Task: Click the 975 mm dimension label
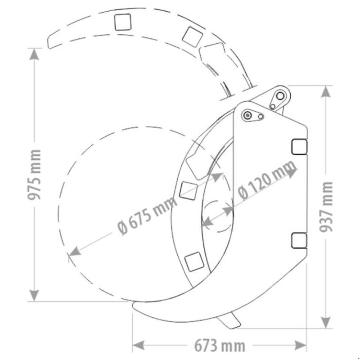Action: pos(36,174)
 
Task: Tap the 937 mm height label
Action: pos(327,206)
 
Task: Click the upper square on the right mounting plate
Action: pos(299,147)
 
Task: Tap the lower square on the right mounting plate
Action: pos(299,240)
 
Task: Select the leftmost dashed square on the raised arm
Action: pos(122,22)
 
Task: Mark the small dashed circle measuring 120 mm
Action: pos(218,218)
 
